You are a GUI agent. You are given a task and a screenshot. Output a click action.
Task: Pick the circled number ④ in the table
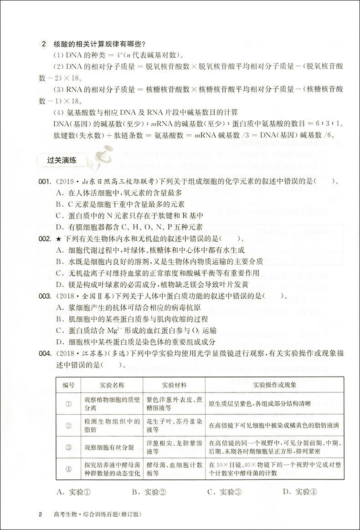68,469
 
